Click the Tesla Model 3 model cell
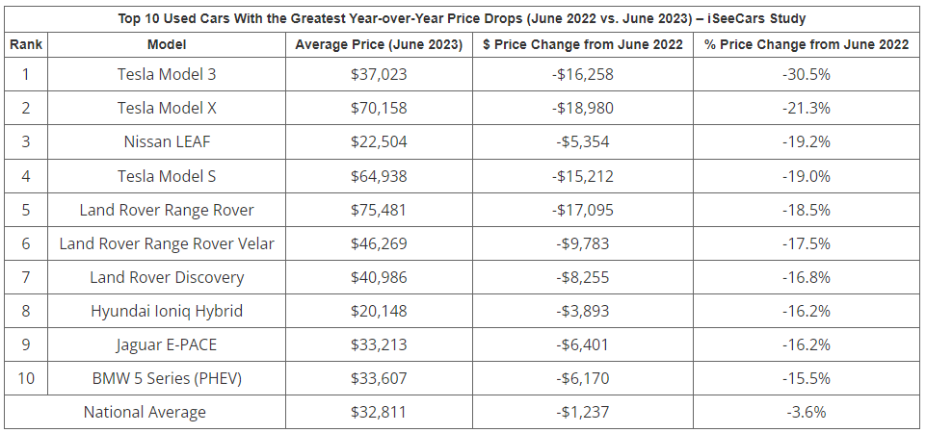167,74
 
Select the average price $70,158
379,108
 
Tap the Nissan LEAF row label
167,141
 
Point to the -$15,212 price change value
582,175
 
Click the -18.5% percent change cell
806,209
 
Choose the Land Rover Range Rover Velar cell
167,243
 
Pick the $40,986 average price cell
379,277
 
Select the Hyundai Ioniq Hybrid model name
167,311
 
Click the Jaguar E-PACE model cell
167,344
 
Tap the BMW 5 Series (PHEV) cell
167,378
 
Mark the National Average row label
145,412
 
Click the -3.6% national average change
806,412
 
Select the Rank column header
26,44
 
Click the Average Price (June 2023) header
379,44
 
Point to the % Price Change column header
806,44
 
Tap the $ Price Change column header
582,44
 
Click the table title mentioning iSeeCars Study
463,18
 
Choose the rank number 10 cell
26,378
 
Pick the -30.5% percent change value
806,74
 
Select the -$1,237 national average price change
582,412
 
